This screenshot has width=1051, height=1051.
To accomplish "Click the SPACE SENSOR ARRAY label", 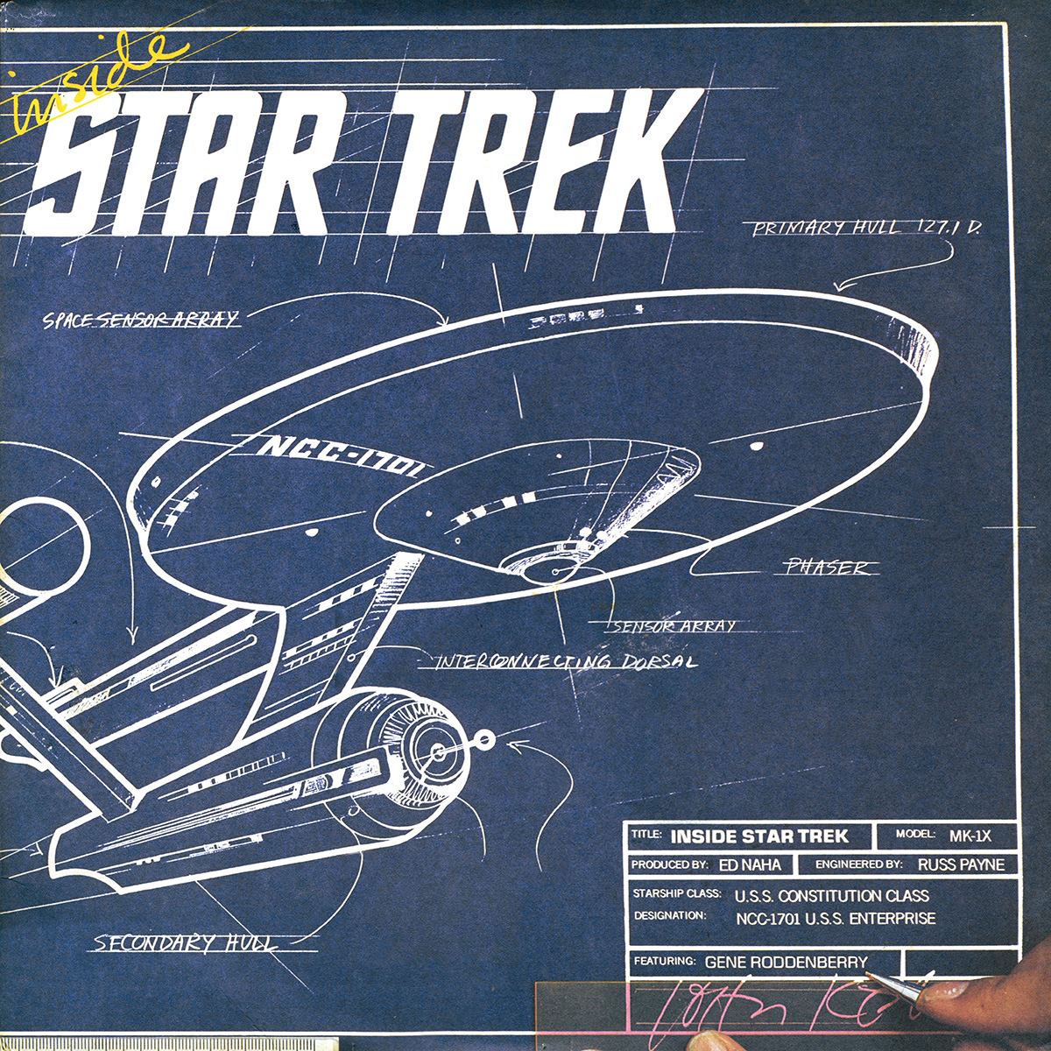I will [x=140, y=319].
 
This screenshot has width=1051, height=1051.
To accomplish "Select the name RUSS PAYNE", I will [x=961, y=864].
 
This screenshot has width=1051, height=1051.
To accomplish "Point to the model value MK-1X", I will [x=970, y=836].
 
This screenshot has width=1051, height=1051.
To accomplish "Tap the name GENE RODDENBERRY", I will [x=786, y=962].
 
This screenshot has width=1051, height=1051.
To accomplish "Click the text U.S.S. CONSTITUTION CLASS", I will [x=832, y=896].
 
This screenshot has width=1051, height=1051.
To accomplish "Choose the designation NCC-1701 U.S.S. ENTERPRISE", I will [x=836, y=919].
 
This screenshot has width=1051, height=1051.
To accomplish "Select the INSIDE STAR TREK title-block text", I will [x=758, y=836].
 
